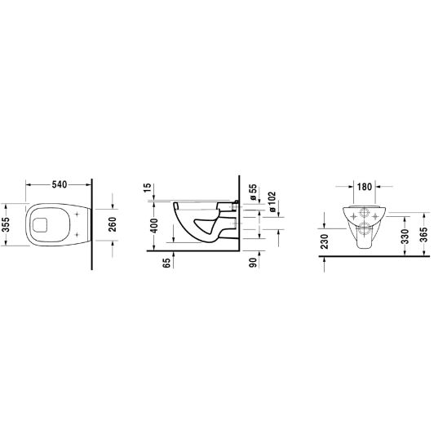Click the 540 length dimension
coord(60,184)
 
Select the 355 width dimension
coord(6,224)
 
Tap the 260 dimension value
coord(113,224)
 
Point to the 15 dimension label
coord(147,188)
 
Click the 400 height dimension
coord(154,225)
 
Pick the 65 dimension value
coord(167,263)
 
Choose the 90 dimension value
coord(253,263)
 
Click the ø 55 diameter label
coord(253,193)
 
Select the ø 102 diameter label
coord(272,201)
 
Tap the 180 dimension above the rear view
coord(365,187)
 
